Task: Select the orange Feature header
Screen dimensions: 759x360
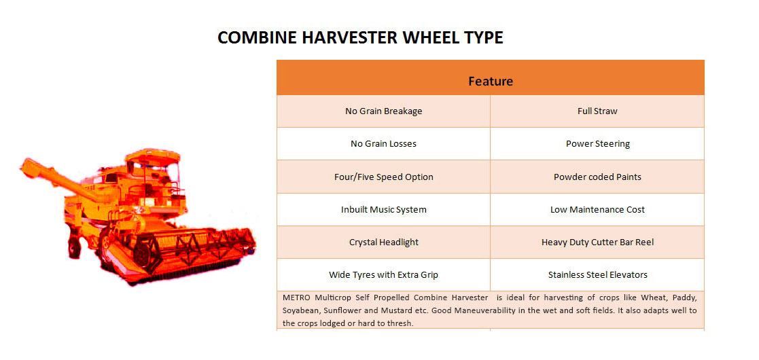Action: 491,77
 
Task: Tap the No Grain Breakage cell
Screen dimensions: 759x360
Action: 383,111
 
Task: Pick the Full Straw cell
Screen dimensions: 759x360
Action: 597,111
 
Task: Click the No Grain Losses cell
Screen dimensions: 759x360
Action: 383,144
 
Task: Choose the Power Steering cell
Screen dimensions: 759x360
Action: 597,144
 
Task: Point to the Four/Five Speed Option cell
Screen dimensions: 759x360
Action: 383,177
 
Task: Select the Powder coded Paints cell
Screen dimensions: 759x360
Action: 597,177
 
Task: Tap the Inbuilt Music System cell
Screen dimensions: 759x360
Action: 383,209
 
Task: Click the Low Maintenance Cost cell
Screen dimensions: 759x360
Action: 597,209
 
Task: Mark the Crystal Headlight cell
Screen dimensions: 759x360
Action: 383,242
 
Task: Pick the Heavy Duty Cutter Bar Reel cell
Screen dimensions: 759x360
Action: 597,242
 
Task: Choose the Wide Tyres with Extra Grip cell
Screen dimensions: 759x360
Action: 383,275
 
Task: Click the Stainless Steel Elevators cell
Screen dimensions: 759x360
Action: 597,275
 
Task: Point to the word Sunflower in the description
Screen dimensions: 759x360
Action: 340,310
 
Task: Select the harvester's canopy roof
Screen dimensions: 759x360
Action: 152,156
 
